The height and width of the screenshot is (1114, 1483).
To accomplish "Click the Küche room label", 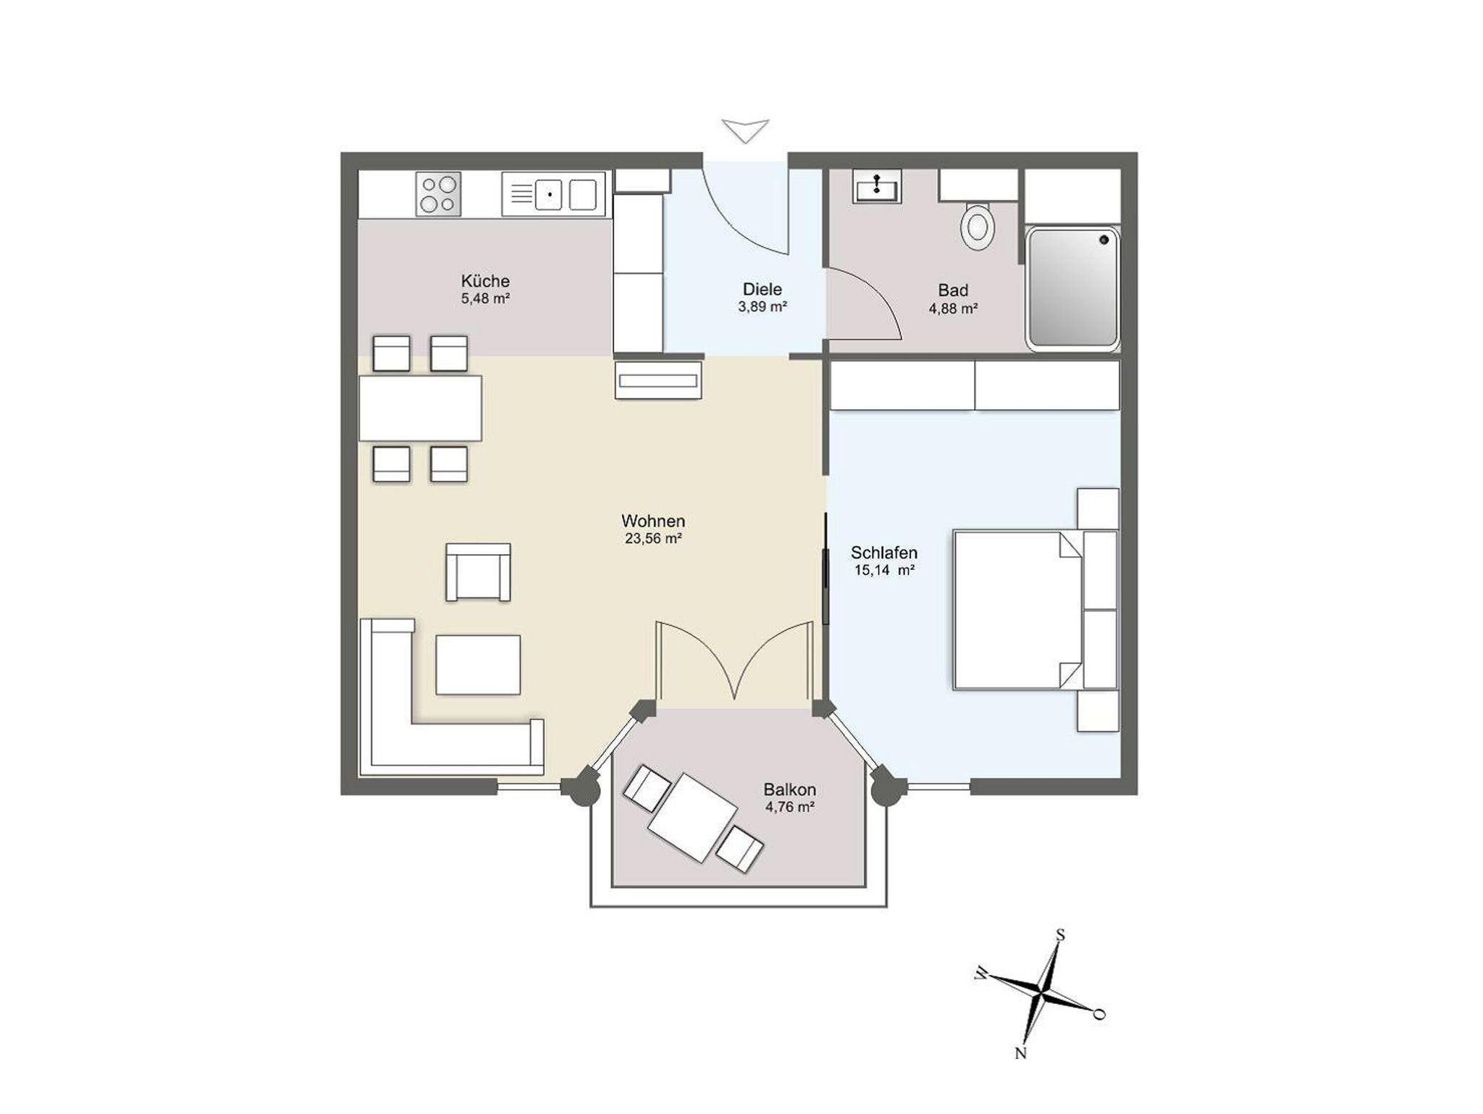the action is click(x=485, y=281).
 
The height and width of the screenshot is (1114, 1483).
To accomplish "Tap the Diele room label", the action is click(x=762, y=290).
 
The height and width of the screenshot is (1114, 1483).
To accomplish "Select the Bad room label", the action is click(x=953, y=290).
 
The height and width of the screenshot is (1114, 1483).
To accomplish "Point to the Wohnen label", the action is click(x=653, y=521).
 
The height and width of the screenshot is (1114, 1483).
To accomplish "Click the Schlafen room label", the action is click(x=884, y=553).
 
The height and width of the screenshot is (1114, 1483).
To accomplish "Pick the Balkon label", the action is click(x=790, y=790).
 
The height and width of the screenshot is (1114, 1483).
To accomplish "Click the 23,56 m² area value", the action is click(x=653, y=539).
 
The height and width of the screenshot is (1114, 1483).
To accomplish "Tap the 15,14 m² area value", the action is click(x=884, y=570).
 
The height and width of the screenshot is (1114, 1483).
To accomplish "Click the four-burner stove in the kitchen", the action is click(x=438, y=194).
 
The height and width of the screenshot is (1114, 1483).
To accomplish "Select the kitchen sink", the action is click(x=553, y=194).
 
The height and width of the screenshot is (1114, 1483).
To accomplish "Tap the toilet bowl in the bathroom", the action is click(x=978, y=225).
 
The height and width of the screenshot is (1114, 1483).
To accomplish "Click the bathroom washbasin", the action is click(x=877, y=187).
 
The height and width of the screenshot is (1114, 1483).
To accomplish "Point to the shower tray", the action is click(x=1072, y=288).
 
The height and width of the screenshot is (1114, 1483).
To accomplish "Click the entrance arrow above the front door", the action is click(x=745, y=131).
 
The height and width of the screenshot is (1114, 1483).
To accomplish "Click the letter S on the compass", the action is click(x=1060, y=935).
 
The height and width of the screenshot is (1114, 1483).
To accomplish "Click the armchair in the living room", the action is click(x=478, y=572).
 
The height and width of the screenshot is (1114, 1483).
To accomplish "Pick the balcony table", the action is click(x=693, y=817).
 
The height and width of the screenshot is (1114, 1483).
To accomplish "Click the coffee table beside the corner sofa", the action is click(x=478, y=665).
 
